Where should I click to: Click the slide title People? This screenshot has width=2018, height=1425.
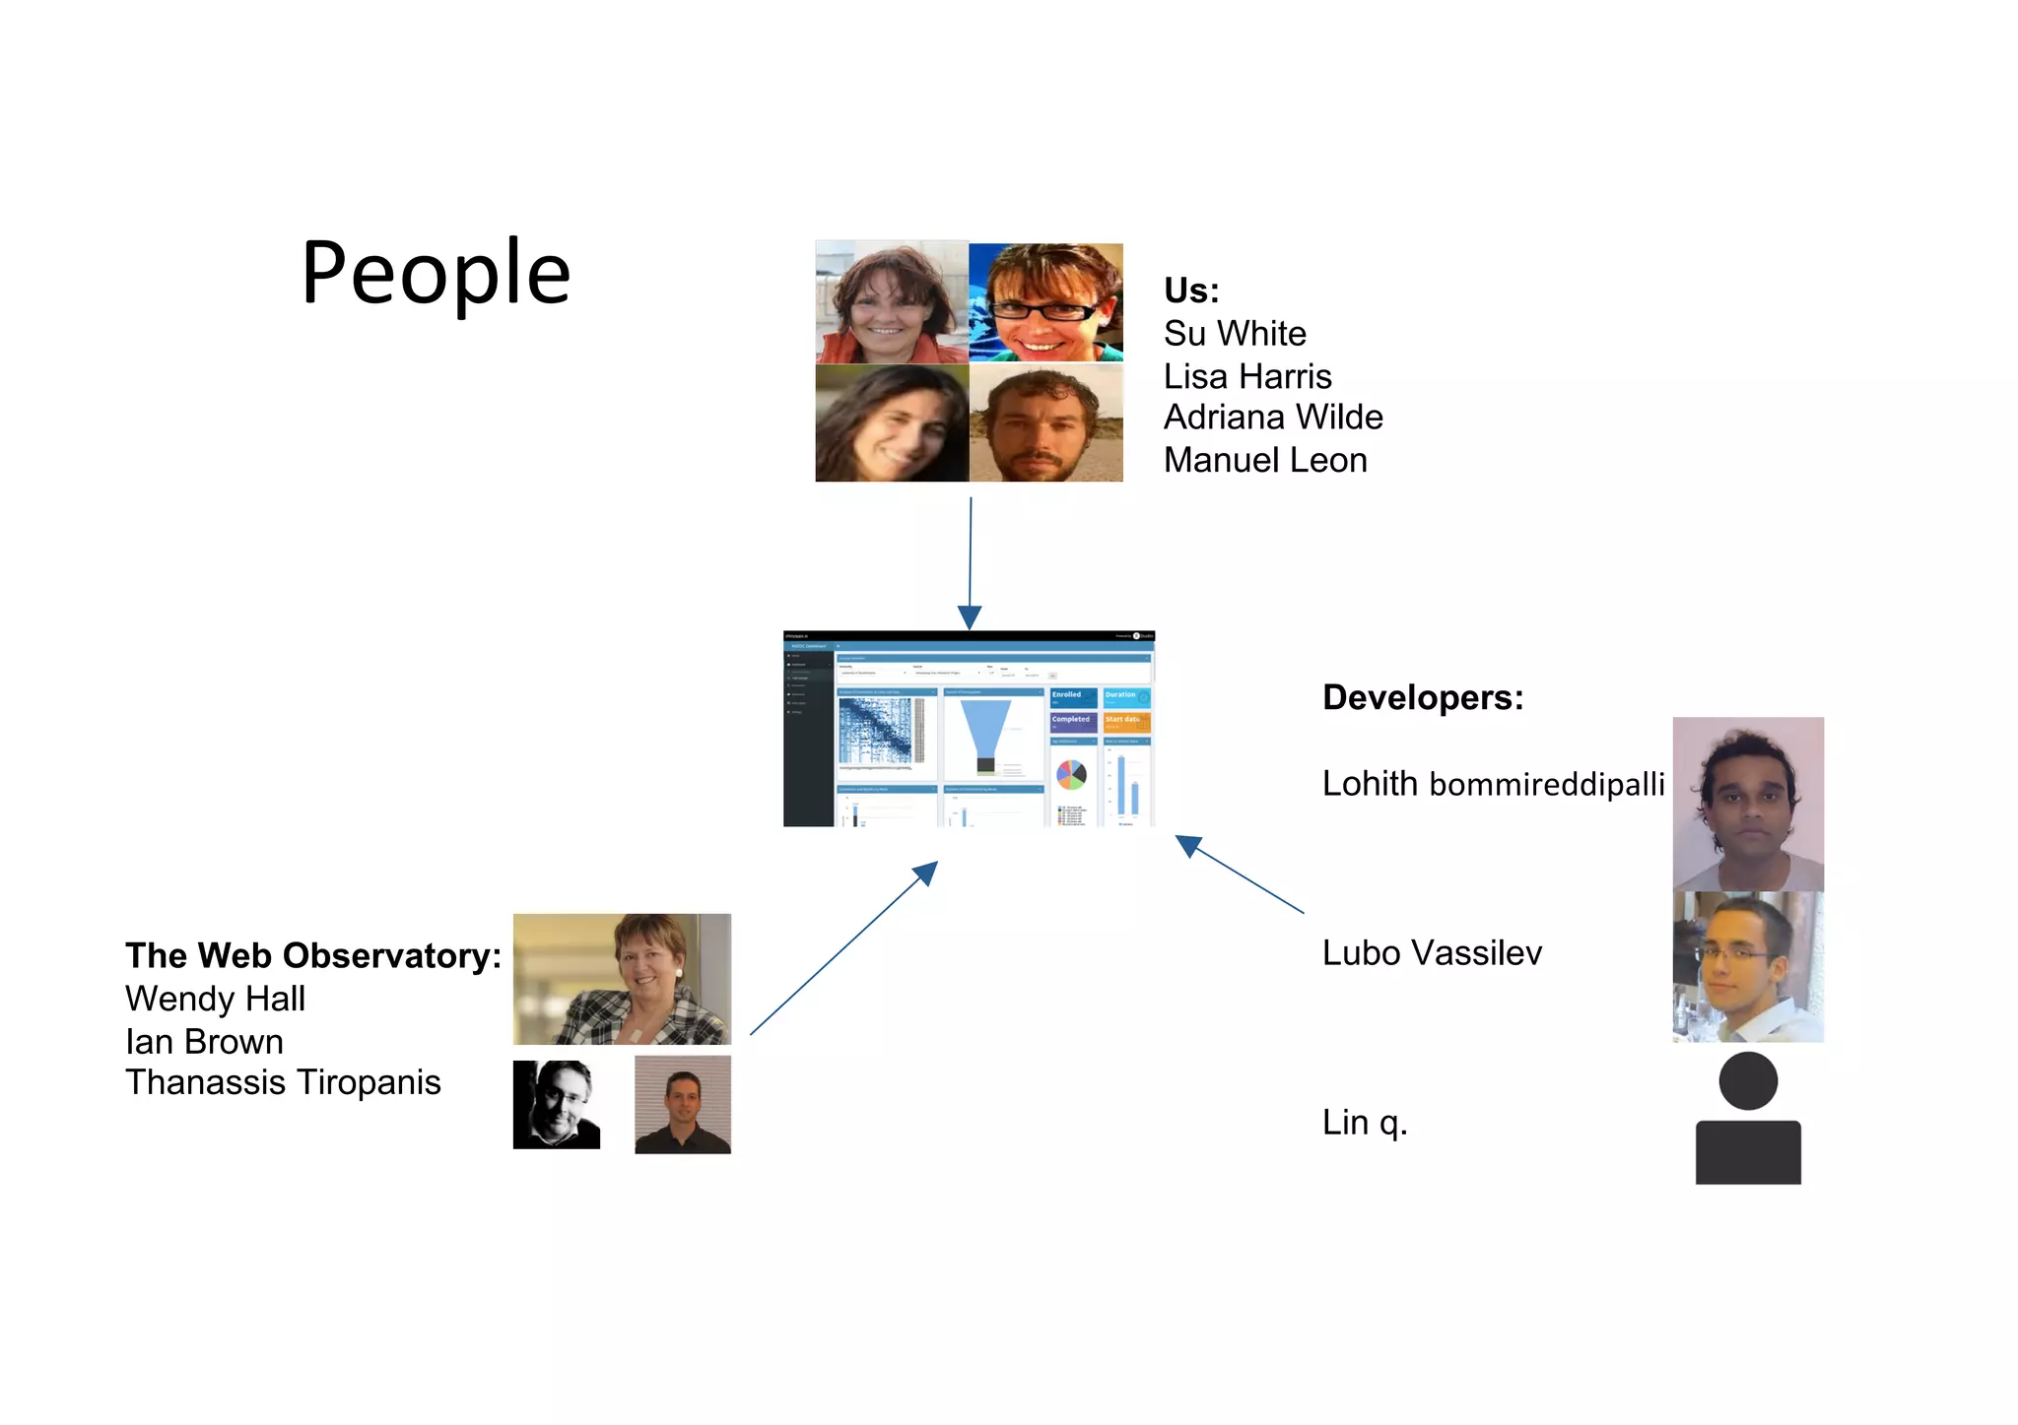pyautogui.click(x=436, y=273)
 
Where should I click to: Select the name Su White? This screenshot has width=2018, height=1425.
pyautogui.click(x=1234, y=334)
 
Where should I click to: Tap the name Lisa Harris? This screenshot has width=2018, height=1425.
pyautogui.click(x=1246, y=376)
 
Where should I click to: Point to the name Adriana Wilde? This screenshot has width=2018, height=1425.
pyautogui.click(x=1272, y=418)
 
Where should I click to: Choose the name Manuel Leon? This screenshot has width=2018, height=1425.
pyautogui.click(x=1264, y=460)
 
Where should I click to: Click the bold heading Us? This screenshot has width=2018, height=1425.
pyautogui.click(x=1190, y=291)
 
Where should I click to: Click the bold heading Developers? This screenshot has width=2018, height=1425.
pyautogui.click(x=1422, y=697)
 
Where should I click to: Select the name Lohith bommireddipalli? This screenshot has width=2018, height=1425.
pyautogui.click(x=1492, y=784)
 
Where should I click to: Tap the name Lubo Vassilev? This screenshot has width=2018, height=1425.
pyautogui.click(x=1431, y=953)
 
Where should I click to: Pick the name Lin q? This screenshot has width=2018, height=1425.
pyautogui.click(x=1364, y=1123)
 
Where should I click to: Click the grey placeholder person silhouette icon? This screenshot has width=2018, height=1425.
pyautogui.click(x=1747, y=1119)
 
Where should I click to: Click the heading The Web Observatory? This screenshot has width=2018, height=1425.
pyautogui.click(x=312, y=955)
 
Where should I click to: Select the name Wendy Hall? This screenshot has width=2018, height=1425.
pyautogui.click(x=215, y=999)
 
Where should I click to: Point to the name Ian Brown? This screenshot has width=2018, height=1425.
pyautogui.click(x=204, y=1042)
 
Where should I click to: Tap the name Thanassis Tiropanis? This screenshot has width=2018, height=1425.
pyautogui.click(x=283, y=1082)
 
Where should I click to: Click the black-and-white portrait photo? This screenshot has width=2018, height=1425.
pyautogui.click(x=556, y=1104)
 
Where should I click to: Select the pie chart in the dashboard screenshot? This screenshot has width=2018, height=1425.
pyautogui.click(x=1070, y=775)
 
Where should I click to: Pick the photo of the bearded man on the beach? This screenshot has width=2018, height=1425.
pyautogui.click(x=1045, y=423)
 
